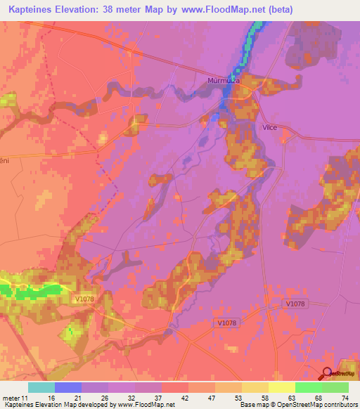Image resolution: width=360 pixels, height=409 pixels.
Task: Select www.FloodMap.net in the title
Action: pos(226,9)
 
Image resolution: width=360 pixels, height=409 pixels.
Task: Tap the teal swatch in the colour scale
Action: pos(41,387)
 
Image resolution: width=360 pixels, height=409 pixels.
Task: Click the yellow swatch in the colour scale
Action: pos(281,387)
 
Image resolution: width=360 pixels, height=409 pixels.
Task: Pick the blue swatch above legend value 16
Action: pos(67,387)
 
